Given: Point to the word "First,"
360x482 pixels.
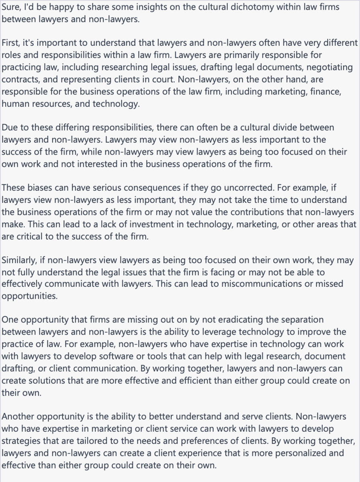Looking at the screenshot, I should click(12, 43).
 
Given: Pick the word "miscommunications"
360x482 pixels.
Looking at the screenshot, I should click(251, 284).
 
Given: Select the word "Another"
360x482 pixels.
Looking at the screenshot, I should click(18, 417).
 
